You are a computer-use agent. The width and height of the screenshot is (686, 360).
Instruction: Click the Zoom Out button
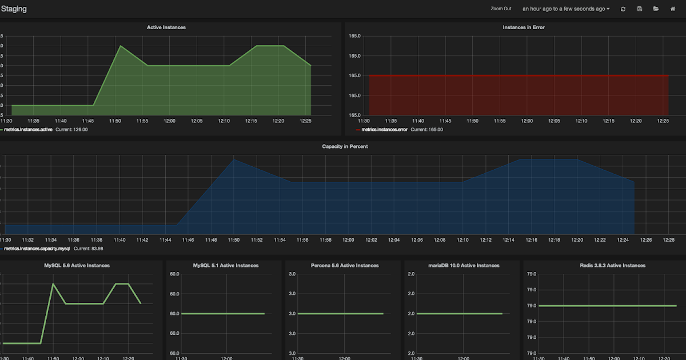click(x=501, y=9)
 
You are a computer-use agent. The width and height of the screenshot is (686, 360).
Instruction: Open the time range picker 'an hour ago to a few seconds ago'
click(x=566, y=9)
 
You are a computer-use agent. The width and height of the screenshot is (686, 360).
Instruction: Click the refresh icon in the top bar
click(x=623, y=9)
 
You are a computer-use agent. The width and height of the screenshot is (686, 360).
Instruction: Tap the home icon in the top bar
click(x=673, y=9)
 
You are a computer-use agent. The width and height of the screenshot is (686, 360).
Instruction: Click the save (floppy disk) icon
click(x=640, y=9)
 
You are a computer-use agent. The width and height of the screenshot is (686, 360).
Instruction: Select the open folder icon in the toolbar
click(x=656, y=9)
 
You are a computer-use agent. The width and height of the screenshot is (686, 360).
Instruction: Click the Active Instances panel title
click(x=166, y=27)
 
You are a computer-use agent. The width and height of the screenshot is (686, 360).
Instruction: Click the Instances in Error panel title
click(x=523, y=27)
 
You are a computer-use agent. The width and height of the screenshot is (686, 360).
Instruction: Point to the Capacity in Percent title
click(x=345, y=146)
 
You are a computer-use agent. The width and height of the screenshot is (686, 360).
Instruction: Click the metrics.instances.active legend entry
click(x=28, y=130)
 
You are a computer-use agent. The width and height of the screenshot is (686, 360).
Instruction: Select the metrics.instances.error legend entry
click(x=385, y=130)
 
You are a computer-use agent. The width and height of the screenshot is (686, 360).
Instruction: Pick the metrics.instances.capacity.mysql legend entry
click(x=37, y=249)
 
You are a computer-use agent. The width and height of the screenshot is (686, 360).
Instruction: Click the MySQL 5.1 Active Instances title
click(x=225, y=265)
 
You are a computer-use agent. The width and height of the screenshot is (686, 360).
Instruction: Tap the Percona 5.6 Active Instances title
click(x=344, y=265)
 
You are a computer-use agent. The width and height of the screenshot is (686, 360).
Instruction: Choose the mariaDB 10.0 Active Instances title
click(x=463, y=265)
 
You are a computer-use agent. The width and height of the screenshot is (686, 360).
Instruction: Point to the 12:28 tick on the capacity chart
click(x=669, y=240)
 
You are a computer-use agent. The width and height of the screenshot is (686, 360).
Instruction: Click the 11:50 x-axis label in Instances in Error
click(x=472, y=121)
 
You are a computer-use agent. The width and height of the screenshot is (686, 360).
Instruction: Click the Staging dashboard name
click(x=14, y=9)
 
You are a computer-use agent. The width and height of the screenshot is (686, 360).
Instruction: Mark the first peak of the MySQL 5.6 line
click(x=53, y=283)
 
